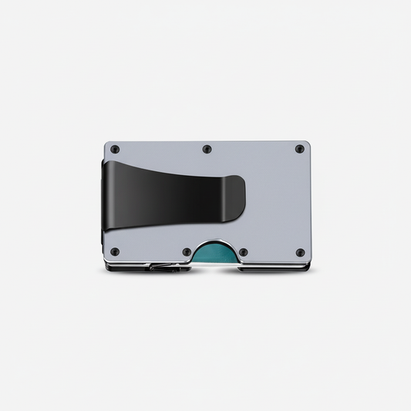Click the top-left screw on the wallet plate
115,149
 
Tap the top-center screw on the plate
207,149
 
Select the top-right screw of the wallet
299,149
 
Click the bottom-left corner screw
115,251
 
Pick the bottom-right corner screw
299,252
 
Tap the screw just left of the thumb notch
186,251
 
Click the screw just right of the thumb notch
243,251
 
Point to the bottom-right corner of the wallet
308,270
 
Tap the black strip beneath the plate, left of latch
127,269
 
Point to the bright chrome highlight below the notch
214,268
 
